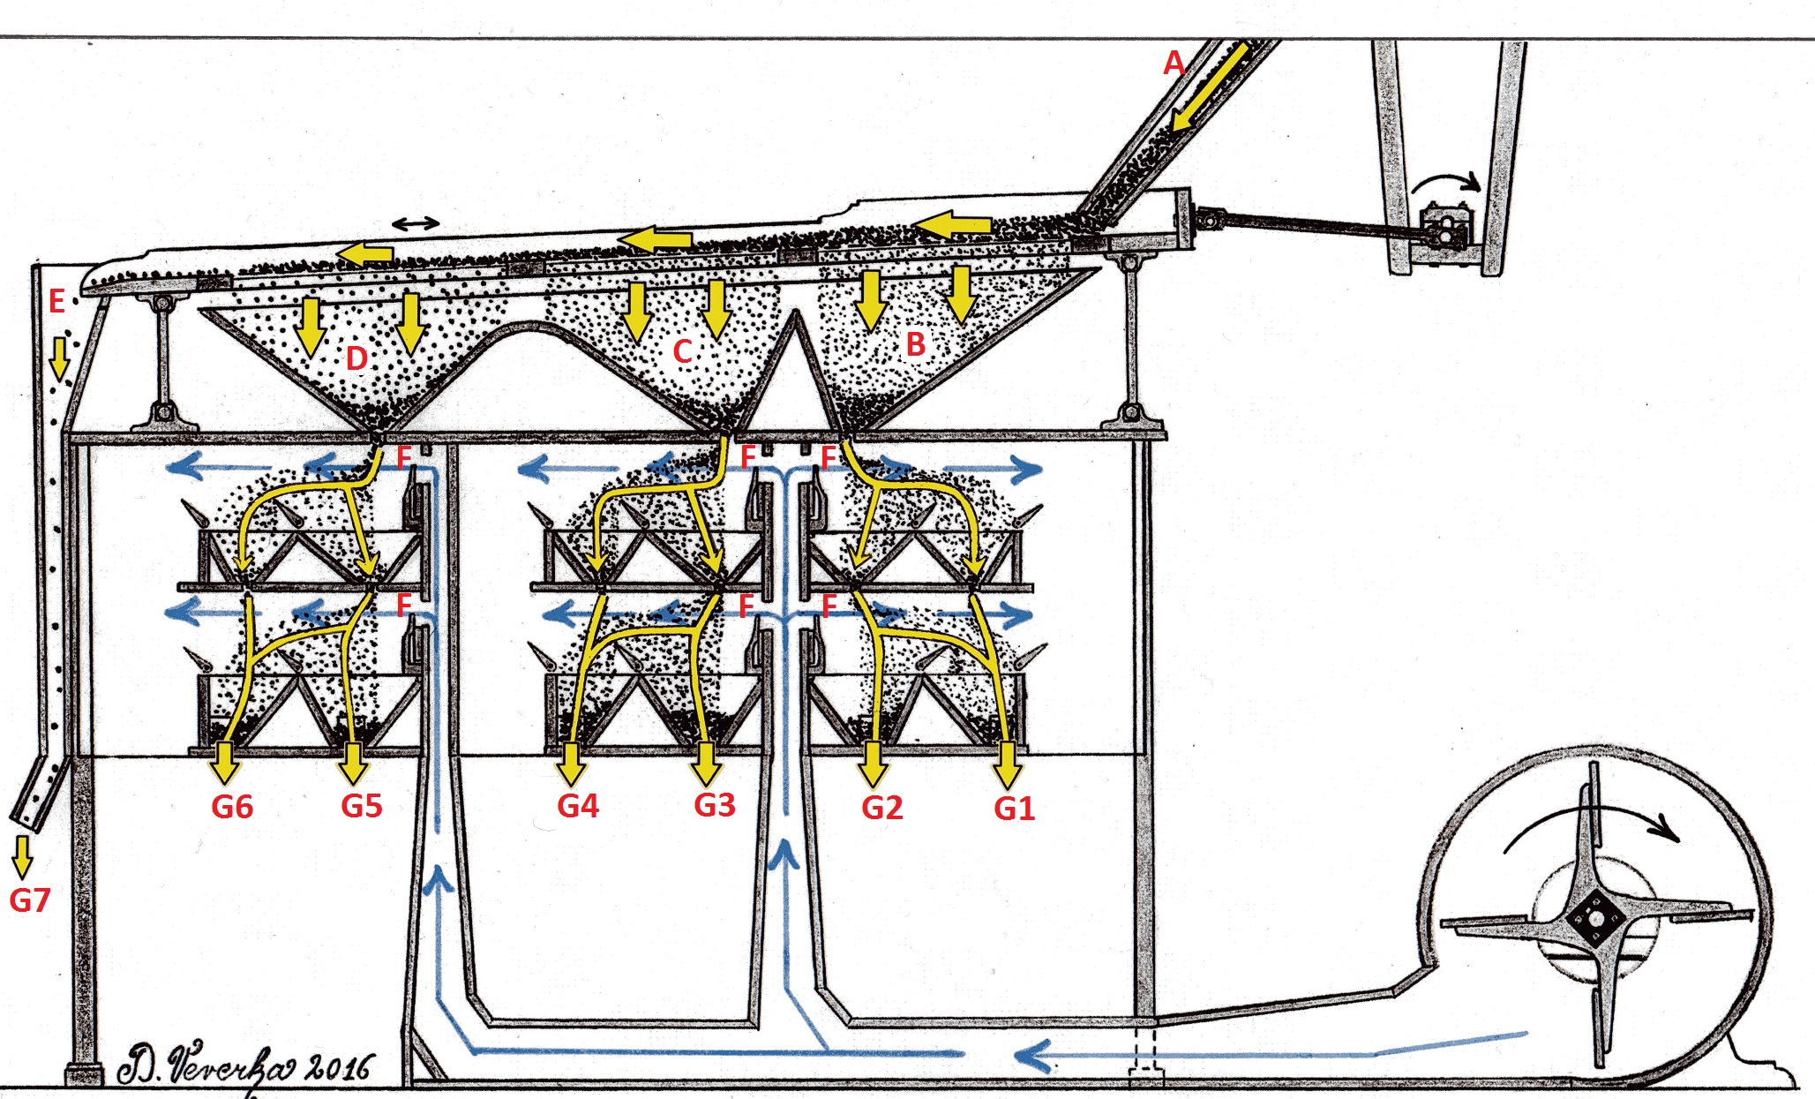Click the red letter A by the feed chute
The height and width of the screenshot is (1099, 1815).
[x=1174, y=63]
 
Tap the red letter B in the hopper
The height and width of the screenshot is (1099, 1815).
[x=916, y=344]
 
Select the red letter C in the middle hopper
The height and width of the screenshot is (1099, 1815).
[x=682, y=351]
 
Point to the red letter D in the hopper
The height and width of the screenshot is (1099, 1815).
[x=356, y=358]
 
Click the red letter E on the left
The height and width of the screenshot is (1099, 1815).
[x=56, y=302]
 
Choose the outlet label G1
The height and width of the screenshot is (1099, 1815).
[x=1014, y=809]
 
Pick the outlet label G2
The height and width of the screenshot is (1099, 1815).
[x=881, y=808]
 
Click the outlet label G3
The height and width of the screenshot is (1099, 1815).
[x=714, y=805]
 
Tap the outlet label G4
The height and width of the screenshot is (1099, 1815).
[x=578, y=806]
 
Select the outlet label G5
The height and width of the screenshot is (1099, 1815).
[x=362, y=806]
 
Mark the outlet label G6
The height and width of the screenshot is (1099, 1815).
[x=232, y=807]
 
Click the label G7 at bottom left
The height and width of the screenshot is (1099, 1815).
[x=30, y=900]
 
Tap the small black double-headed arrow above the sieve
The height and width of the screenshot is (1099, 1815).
[x=416, y=224]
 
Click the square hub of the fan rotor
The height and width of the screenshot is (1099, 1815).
[x=1595, y=920]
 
